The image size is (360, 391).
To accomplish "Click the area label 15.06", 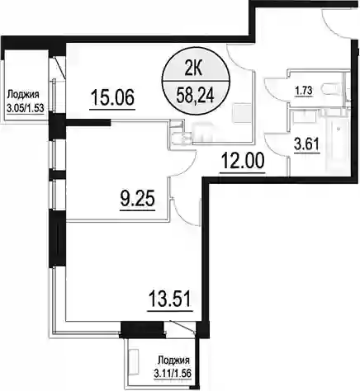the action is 112,97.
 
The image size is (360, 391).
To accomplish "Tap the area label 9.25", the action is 138,199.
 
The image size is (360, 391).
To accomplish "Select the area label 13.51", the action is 169,299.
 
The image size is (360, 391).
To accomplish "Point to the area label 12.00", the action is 243,161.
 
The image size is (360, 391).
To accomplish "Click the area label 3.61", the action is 306,144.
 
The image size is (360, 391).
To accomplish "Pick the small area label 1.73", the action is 304,91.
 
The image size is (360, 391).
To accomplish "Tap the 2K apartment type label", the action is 193,70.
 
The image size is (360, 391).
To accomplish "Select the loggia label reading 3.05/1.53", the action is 26,108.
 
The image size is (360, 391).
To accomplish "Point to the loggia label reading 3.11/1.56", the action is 173,374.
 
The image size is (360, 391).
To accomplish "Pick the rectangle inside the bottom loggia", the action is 134,360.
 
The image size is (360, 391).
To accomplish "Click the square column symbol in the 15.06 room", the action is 242,113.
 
